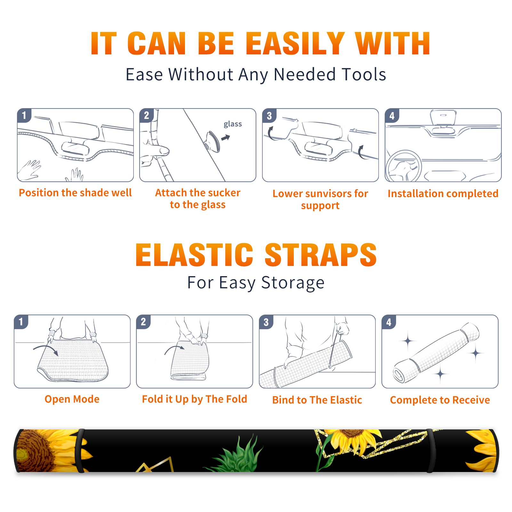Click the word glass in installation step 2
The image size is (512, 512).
(233, 124)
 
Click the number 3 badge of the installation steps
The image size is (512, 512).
(269, 116)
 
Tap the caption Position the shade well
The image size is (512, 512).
(75, 193)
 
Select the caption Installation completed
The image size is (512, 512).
(443, 194)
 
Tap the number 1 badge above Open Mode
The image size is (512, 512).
(21, 322)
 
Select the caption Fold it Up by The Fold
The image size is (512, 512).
(195, 399)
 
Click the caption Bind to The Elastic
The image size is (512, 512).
(317, 400)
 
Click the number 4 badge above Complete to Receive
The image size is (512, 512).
(389, 322)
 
